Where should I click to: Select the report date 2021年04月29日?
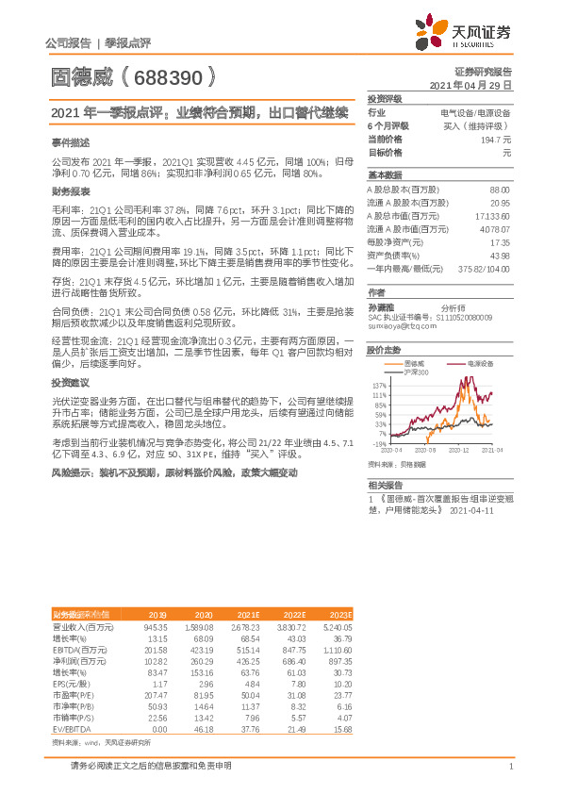click(470, 85)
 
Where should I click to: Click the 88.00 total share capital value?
click(500, 190)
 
